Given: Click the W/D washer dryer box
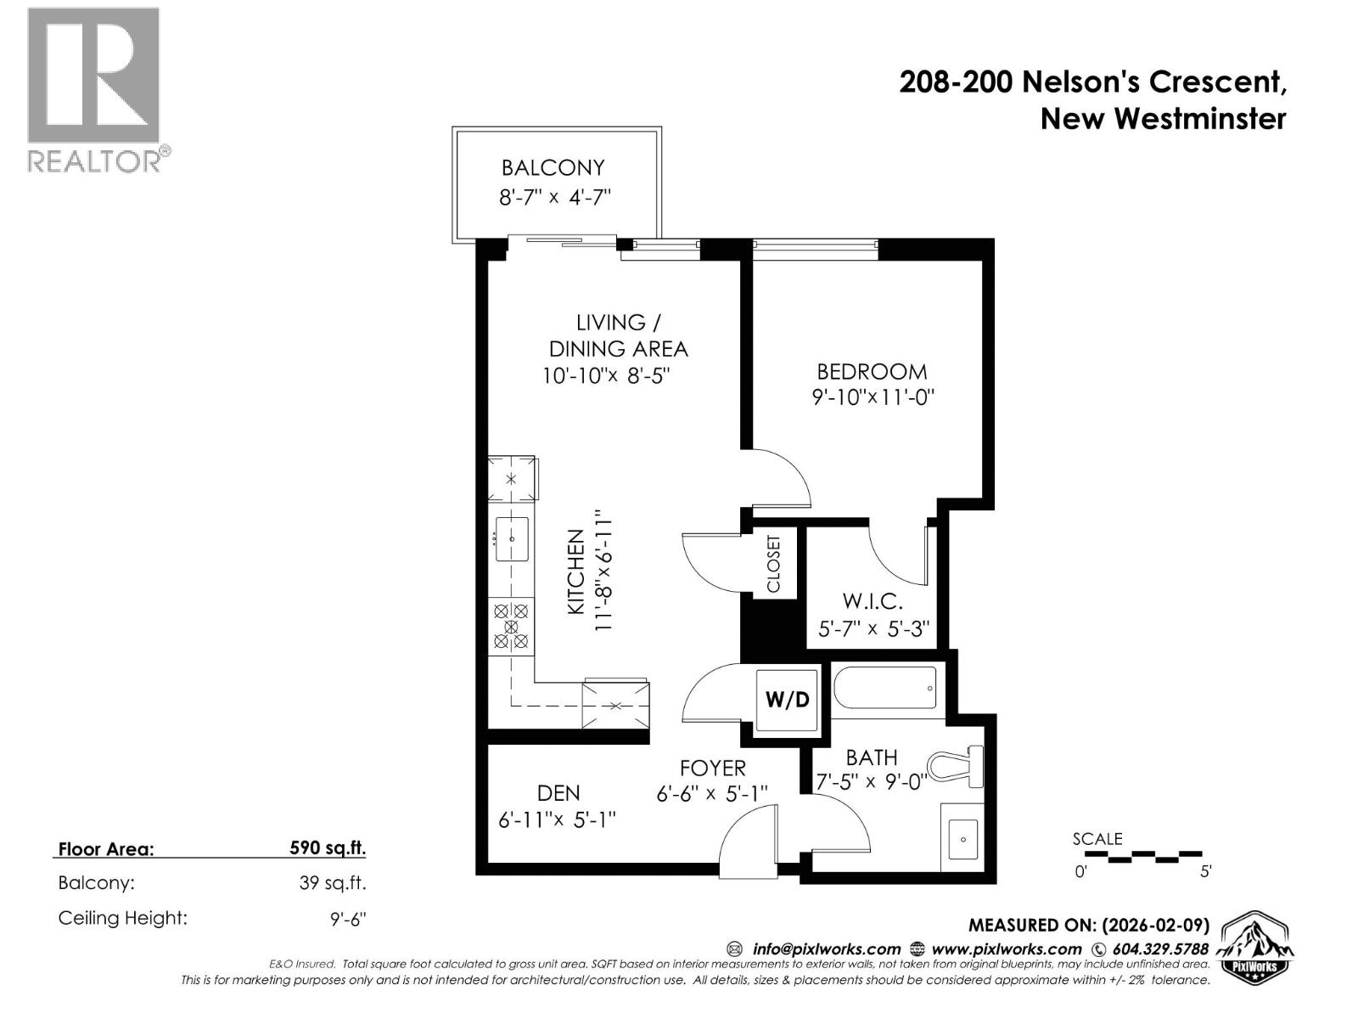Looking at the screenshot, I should (x=788, y=700).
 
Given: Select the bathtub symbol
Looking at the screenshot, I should (x=885, y=687).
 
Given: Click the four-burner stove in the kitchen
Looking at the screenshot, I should (x=511, y=626).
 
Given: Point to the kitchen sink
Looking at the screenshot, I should (x=512, y=539).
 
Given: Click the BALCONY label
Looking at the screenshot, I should (x=553, y=167).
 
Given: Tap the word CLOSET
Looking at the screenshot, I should (x=773, y=564).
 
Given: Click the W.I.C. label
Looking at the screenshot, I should (x=872, y=601).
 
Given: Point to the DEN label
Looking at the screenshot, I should (x=558, y=793).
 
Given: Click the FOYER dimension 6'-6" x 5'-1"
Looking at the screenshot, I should (x=712, y=793).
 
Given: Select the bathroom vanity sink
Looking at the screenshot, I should (x=963, y=840).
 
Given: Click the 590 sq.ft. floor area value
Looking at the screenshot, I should (x=328, y=847).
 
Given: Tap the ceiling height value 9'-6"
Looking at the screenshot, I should (x=348, y=918).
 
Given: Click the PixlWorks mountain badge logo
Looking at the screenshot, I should (x=1256, y=948).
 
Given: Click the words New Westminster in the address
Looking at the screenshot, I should (x=1163, y=118).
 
